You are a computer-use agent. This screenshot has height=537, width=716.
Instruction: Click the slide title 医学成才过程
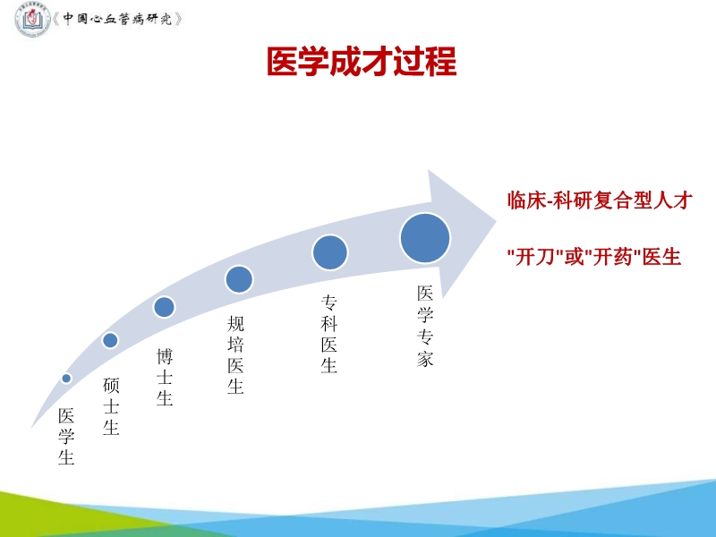pos(362,62)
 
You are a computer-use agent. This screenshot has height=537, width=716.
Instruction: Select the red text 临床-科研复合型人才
pos(599,200)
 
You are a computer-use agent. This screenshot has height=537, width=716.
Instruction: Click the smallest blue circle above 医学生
pos(66,379)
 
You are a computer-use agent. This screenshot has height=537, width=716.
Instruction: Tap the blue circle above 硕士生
pos(110,340)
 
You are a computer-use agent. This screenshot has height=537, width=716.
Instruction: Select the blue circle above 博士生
pos(164,307)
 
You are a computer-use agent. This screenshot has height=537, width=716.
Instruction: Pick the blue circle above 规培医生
pos(239,279)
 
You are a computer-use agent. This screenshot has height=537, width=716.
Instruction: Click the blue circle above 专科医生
pos(329,251)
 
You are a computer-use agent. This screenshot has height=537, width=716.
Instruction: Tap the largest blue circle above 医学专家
pos(425,238)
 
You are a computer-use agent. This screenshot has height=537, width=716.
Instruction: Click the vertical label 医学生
pos(66,437)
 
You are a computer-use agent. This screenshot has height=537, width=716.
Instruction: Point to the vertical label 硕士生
pos(111,406)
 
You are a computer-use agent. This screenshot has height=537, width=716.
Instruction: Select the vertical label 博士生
pos(165,377)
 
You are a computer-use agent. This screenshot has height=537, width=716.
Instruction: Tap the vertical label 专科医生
pos(329,334)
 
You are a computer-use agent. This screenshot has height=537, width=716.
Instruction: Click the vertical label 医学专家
pos(425,326)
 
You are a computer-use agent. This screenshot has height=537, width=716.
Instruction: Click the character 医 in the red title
pos(282,62)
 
